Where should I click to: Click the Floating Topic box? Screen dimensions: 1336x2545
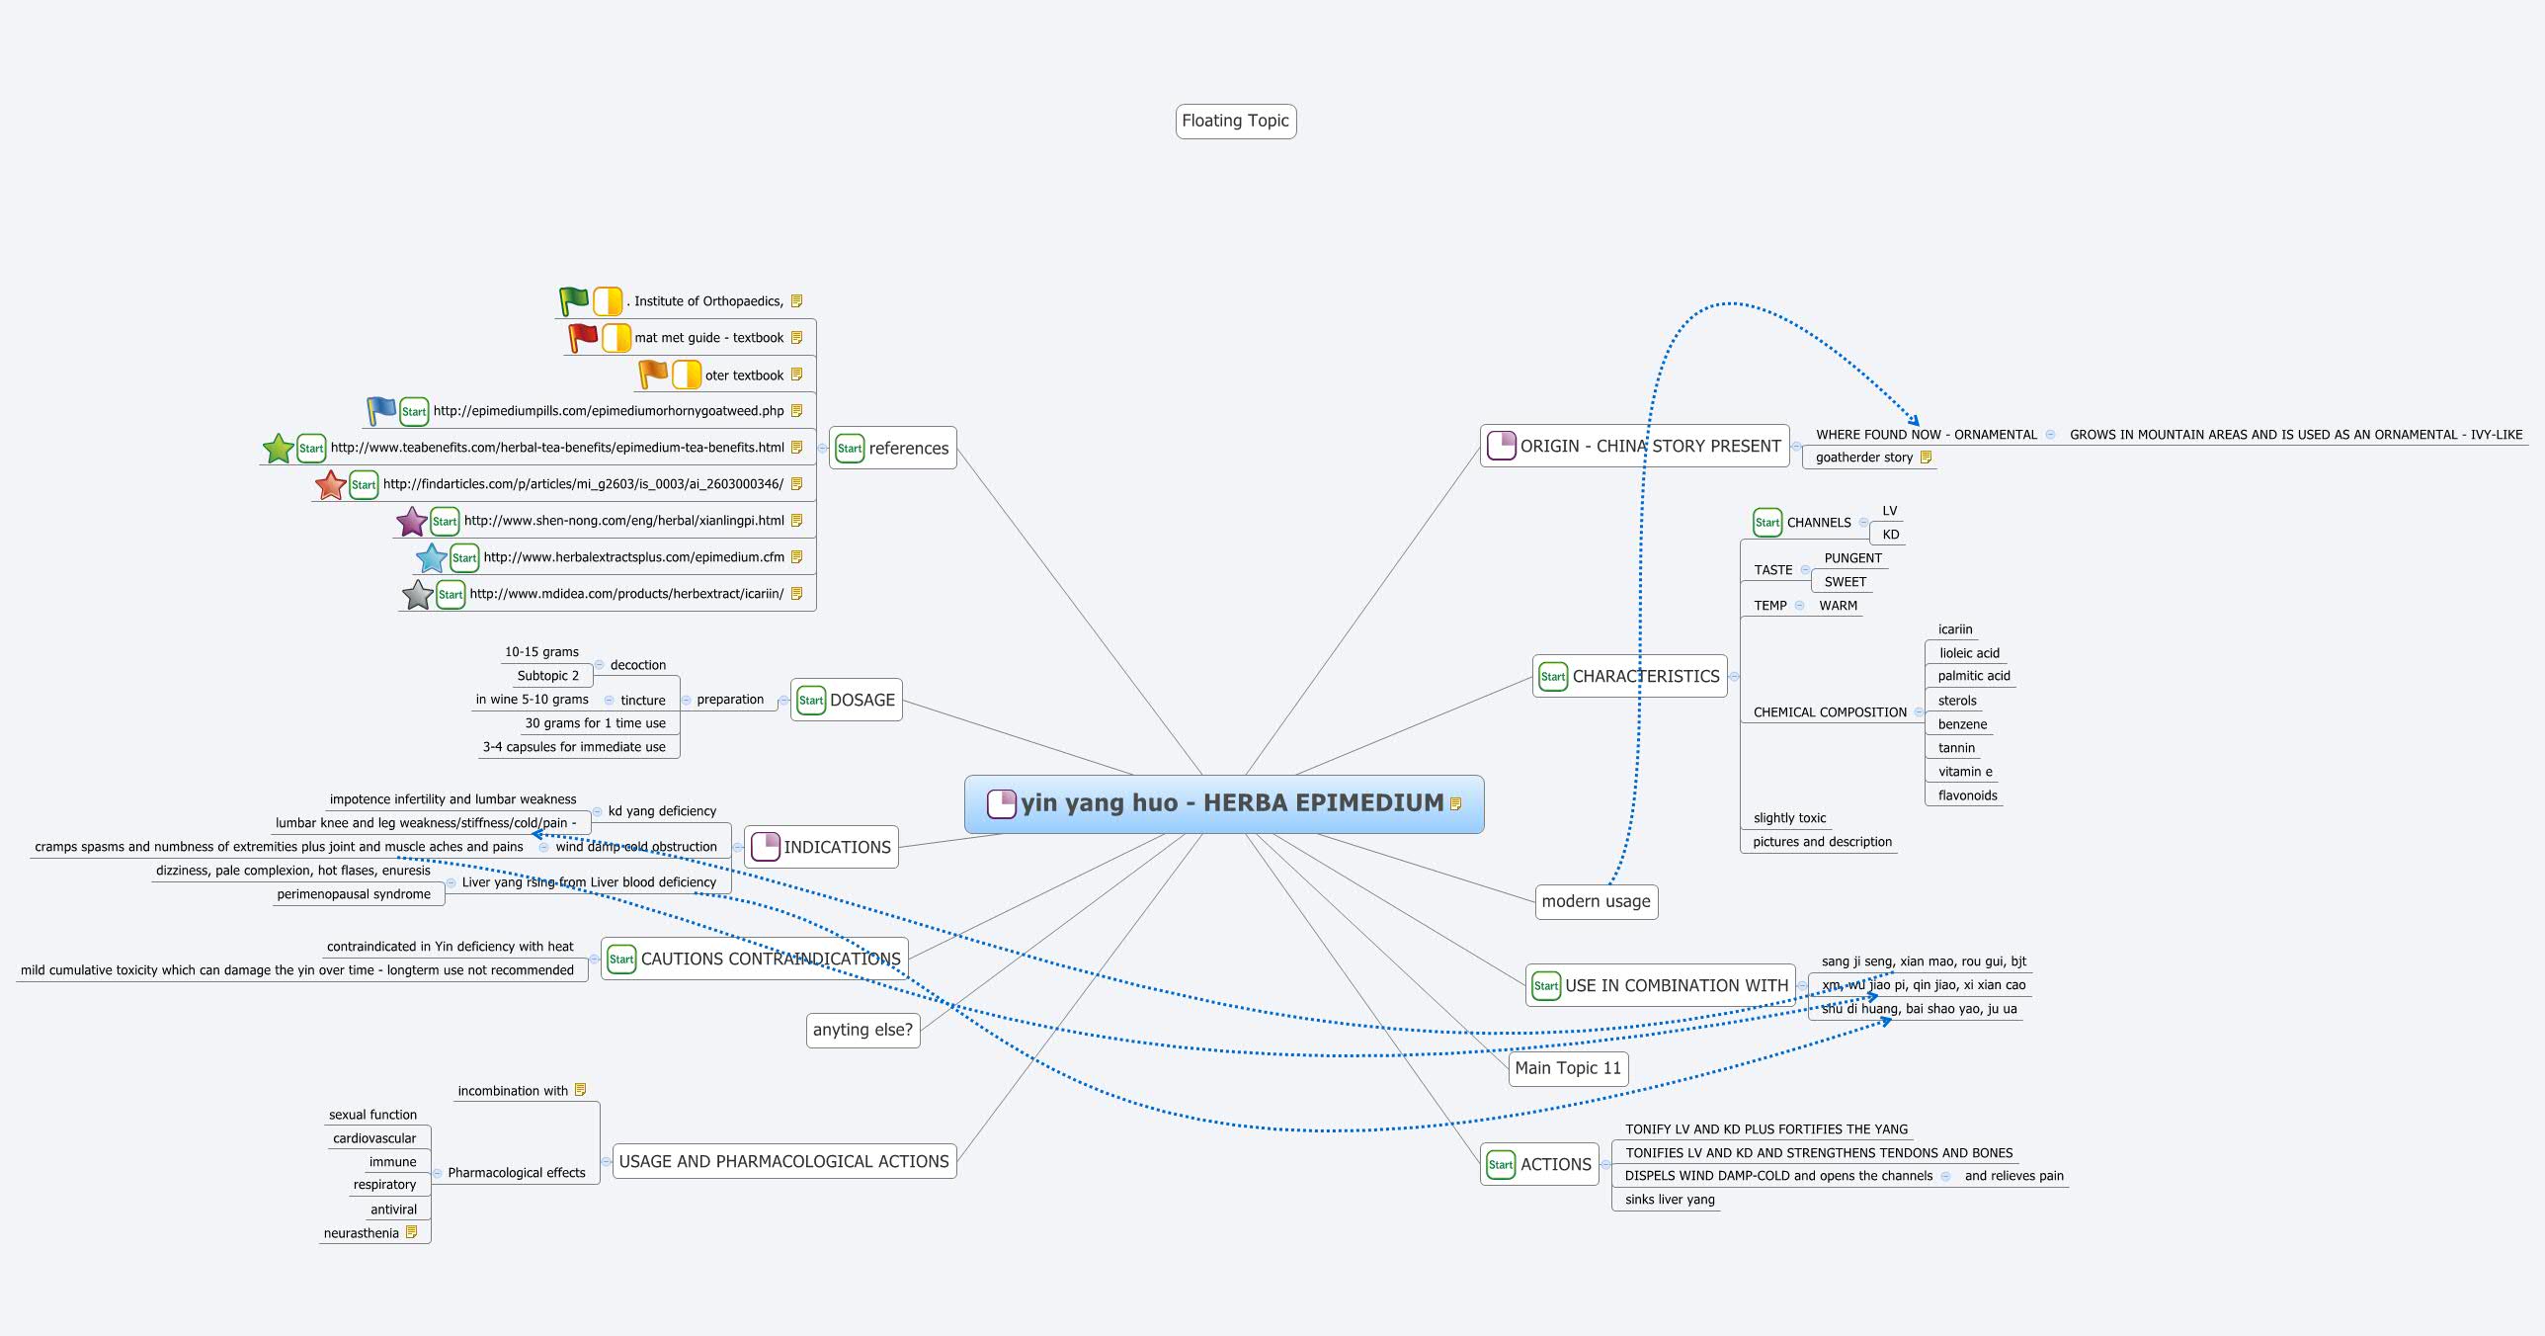tap(1235, 122)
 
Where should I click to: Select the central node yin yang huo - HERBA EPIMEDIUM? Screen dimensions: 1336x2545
tap(1223, 803)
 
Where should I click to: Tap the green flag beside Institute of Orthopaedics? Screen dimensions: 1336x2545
tap(573, 300)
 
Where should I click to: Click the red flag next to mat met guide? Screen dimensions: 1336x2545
tap(582, 338)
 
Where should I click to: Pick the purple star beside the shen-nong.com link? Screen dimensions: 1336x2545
tap(411, 521)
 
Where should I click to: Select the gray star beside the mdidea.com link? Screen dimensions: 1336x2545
tap(418, 595)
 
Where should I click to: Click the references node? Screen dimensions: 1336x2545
tap(892, 449)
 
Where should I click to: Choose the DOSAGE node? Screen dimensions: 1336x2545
tap(847, 700)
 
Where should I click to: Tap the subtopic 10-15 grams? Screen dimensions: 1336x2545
tap(541, 652)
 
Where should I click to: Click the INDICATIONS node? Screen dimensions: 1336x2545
tap(821, 847)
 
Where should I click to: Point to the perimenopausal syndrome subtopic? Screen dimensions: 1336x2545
tap(354, 894)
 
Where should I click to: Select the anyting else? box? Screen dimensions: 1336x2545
tap(862, 1030)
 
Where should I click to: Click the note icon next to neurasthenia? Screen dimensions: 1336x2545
tap(412, 1232)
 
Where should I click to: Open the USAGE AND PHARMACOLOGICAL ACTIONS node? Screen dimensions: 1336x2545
tap(783, 1161)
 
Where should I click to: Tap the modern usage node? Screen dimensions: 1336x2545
tap(1596, 901)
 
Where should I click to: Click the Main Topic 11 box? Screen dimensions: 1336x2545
tap(1568, 1068)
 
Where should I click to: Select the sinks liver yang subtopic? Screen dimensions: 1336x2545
tap(1670, 1200)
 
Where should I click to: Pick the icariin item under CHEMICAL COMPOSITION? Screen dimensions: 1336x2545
tap(1954, 629)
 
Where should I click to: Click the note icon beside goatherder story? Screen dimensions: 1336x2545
tap(1926, 458)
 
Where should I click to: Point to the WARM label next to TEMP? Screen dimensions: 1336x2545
tap(1838, 606)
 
